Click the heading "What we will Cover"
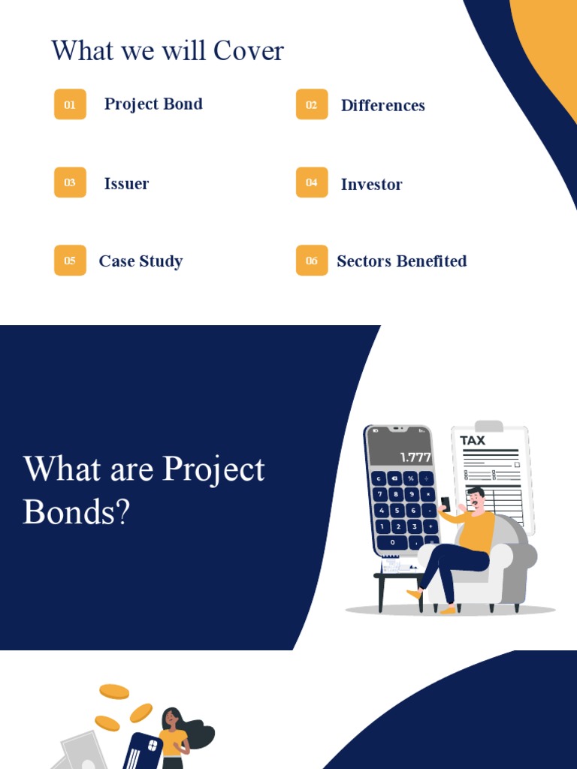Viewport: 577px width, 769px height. (x=168, y=51)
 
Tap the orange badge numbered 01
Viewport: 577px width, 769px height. (x=70, y=104)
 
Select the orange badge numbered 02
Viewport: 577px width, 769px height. (x=312, y=104)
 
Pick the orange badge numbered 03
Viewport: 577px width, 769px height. (x=70, y=182)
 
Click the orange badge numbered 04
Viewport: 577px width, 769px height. (x=312, y=182)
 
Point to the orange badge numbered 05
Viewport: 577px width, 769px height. (x=70, y=261)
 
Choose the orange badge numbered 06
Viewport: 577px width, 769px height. (x=312, y=261)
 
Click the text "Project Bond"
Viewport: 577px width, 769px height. (x=153, y=104)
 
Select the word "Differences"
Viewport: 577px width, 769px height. (x=382, y=106)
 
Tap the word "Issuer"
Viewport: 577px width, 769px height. (x=126, y=184)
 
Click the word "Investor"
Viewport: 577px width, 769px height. (x=371, y=185)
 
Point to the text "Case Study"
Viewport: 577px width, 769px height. (x=140, y=261)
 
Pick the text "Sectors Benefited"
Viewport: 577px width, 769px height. (x=401, y=261)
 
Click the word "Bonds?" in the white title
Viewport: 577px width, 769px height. (x=77, y=512)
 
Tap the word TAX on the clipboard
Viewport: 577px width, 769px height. (x=473, y=441)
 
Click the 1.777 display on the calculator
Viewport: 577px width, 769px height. (x=415, y=457)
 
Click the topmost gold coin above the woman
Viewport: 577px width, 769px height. (x=114, y=691)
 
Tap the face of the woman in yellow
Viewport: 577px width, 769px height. (x=171, y=719)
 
